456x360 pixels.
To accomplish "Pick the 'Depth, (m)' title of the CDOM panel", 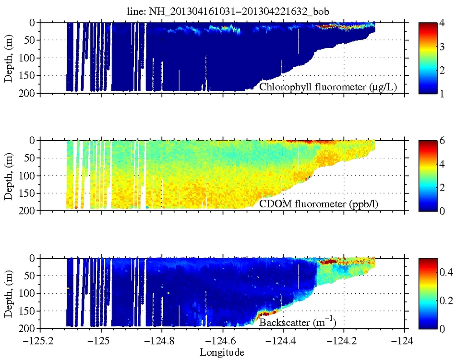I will (x=9, y=175).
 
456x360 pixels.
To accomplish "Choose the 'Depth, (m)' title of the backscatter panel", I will (x=9, y=293).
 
